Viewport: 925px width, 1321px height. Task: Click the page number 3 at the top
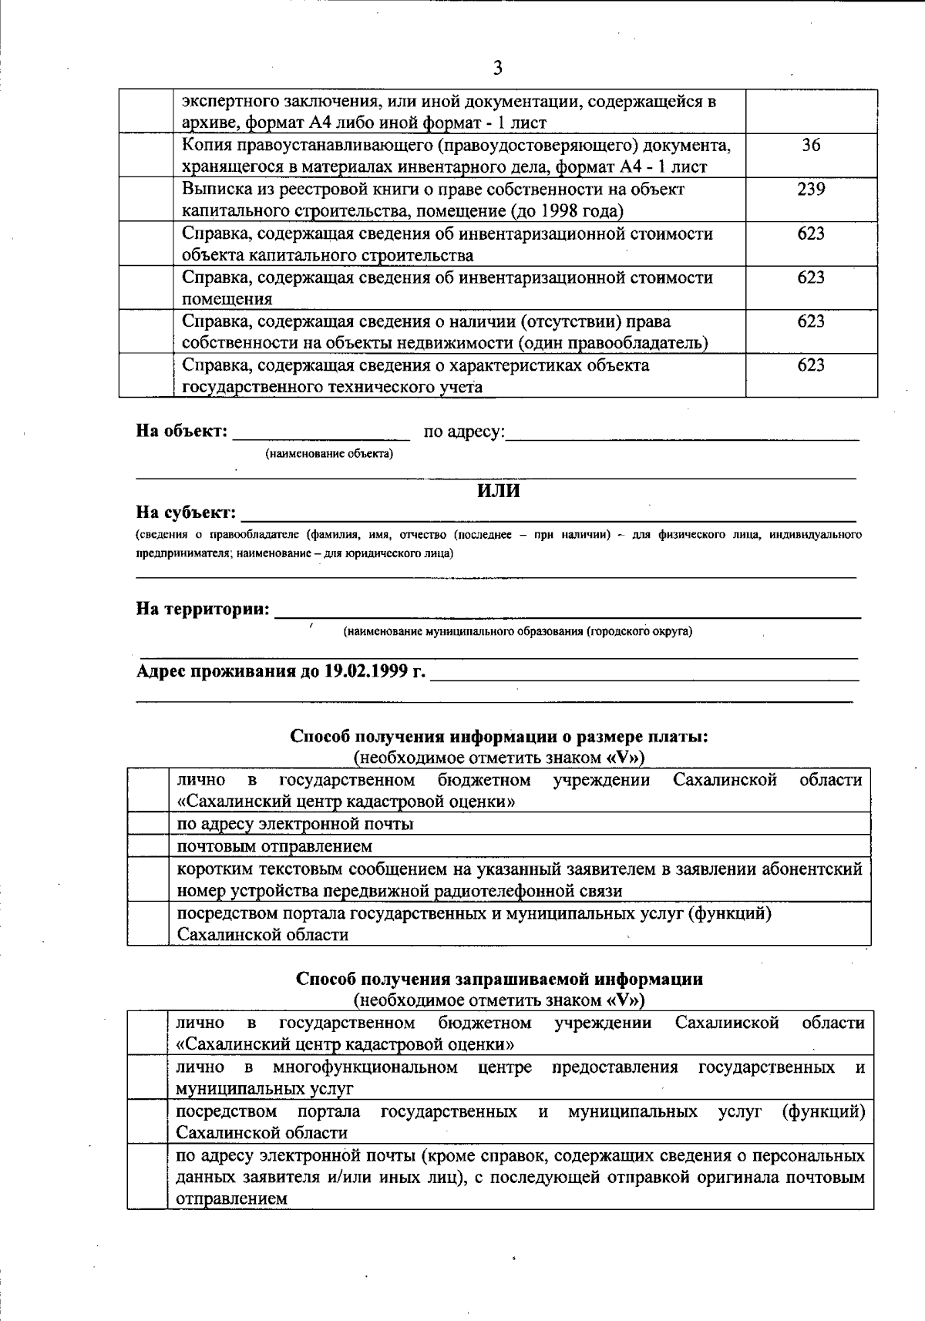coord(497,68)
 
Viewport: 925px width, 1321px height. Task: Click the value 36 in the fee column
coord(811,145)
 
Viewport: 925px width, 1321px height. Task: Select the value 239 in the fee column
coord(811,189)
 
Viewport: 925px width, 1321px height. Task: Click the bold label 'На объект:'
coord(182,431)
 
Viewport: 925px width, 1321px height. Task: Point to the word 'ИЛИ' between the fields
coord(499,491)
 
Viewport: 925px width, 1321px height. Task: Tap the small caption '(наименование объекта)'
coord(329,454)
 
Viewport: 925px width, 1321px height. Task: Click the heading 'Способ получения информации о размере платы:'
coord(499,736)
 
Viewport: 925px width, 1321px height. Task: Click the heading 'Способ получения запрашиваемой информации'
coord(499,979)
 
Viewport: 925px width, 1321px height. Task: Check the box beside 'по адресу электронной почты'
coord(148,824)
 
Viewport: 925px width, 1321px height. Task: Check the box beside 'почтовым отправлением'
coord(148,846)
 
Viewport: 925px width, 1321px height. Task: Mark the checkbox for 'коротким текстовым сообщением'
coord(148,879)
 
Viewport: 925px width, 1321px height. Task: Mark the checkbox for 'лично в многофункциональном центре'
coord(148,1077)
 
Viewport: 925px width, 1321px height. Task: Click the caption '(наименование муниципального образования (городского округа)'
coord(517,632)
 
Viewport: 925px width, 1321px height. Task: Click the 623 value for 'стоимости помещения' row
coord(811,277)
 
